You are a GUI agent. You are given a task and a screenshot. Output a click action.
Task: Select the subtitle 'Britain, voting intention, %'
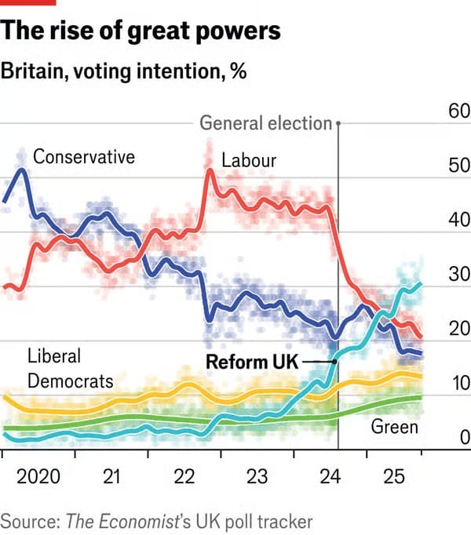[x=124, y=71]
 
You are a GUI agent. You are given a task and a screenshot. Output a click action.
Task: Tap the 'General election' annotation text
[x=266, y=123]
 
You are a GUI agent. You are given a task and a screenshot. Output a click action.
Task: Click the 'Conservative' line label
[x=84, y=157]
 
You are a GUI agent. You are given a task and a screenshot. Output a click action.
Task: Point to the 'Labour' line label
[x=249, y=161]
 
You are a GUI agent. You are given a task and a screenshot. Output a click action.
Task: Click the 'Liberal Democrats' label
[x=71, y=369]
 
